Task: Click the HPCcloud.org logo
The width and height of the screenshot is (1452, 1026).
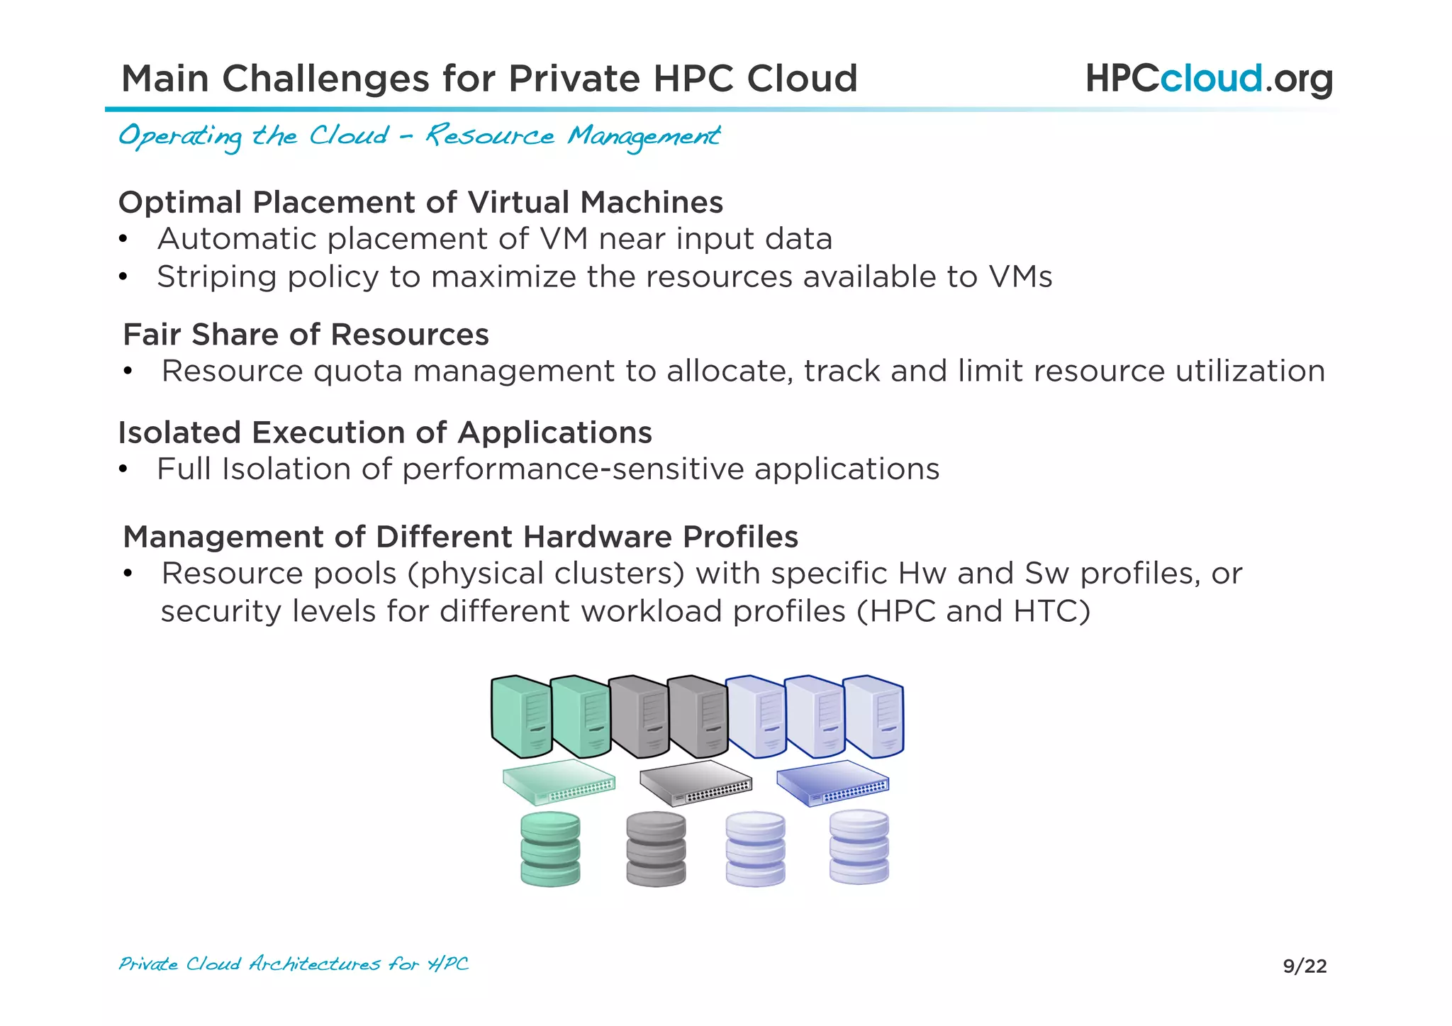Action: pyautogui.click(x=1209, y=79)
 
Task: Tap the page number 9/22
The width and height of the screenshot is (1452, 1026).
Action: pyautogui.click(x=1305, y=966)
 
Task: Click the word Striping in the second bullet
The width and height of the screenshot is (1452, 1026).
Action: pyautogui.click(x=216, y=277)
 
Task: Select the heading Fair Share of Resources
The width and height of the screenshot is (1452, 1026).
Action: pyautogui.click(x=306, y=335)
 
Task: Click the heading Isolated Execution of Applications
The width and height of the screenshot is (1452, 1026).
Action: pyautogui.click(x=384, y=433)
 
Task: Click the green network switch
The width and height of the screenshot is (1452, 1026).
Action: pyautogui.click(x=559, y=782)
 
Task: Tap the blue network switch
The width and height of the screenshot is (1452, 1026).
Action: pyautogui.click(x=832, y=783)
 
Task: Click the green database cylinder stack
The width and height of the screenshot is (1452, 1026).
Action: pyautogui.click(x=550, y=849)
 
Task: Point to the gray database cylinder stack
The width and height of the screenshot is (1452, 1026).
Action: pyautogui.click(x=656, y=849)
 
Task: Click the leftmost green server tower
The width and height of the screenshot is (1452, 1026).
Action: pyautogui.click(x=521, y=716)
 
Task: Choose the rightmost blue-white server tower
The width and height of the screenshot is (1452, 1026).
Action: pyautogui.click(x=874, y=716)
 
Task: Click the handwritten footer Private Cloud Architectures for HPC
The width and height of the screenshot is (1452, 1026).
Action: pyautogui.click(x=294, y=964)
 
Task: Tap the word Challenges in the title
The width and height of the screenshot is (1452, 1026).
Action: pyautogui.click(x=325, y=79)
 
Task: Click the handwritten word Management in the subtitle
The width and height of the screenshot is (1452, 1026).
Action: pyautogui.click(x=644, y=136)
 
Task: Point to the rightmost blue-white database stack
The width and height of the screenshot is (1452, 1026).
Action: pyautogui.click(x=859, y=847)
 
